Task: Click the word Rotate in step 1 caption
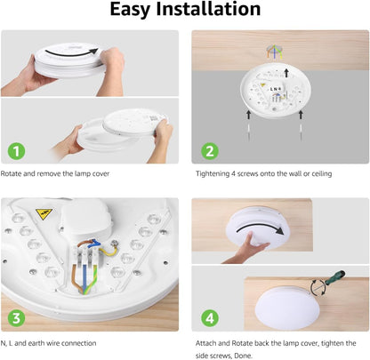pyautogui.click(x=14, y=173)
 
